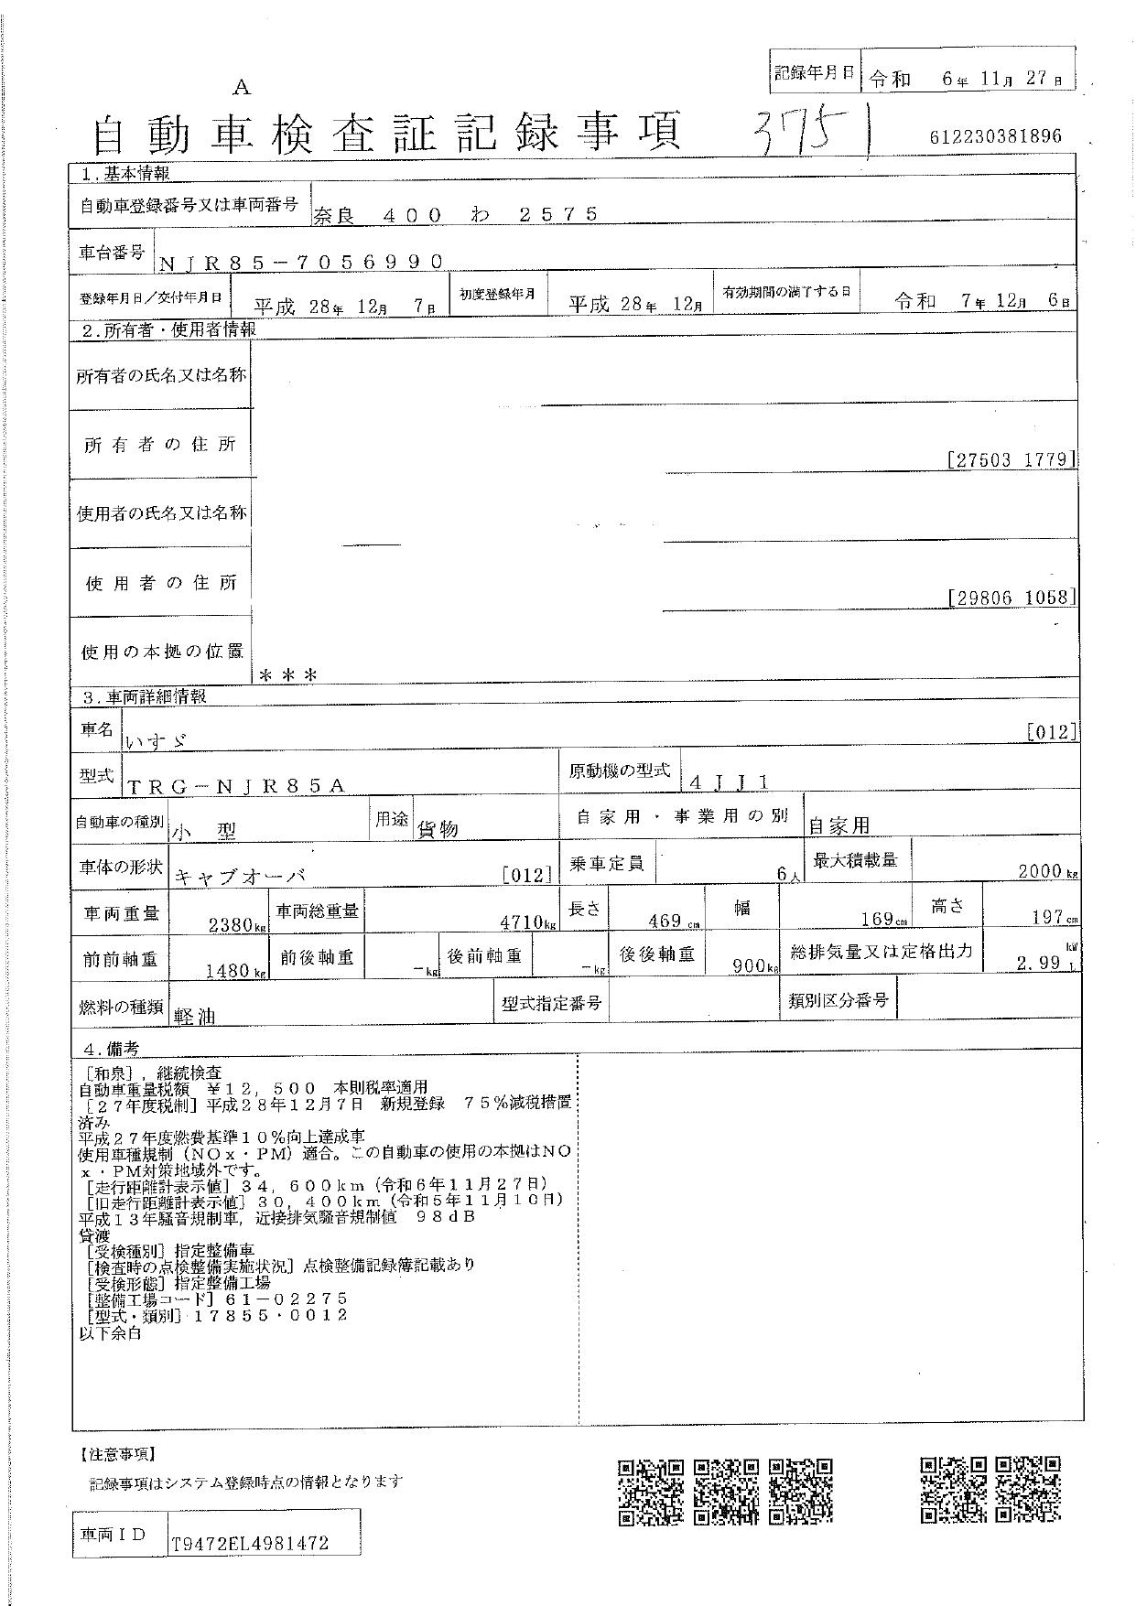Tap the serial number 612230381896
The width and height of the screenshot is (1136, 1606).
(x=995, y=137)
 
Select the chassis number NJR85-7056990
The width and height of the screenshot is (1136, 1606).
(x=302, y=262)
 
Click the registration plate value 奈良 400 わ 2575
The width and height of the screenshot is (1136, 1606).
(x=457, y=214)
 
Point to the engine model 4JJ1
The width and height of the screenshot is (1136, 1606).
(x=730, y=781)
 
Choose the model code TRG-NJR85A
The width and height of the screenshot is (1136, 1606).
(x=236, y=785)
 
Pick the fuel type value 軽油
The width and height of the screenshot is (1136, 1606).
(x=194, y=1015)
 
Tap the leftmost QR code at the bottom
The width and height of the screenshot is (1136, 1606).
(x=650, y=1492)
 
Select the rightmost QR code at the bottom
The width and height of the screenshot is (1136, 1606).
(x=1028, y=1489)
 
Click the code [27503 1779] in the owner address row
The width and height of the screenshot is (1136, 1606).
(x=1011, y=459)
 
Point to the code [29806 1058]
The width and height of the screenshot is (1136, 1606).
(x=1011, y=598)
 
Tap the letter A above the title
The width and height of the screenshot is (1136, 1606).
(x=242, y=88)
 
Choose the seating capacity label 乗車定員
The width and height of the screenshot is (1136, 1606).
(x=607, y=863)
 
